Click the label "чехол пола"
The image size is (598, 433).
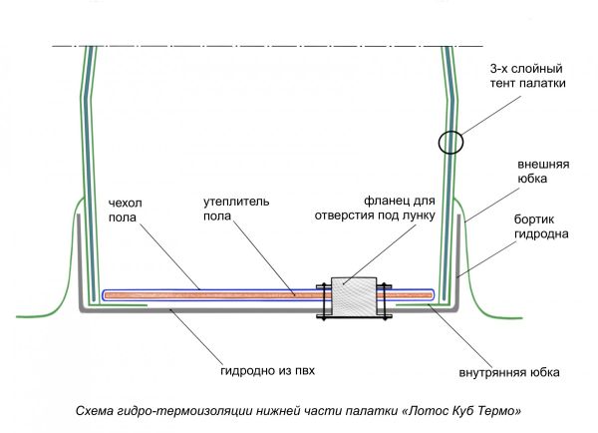pyautogui.click(x=127, y=212)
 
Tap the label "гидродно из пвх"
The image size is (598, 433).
pyautogui.click(x=274, y=371)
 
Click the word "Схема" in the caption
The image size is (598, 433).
pyautogui.click(x=97, y=410)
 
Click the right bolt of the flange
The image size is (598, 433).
pyautogui.click(x=384, y=302)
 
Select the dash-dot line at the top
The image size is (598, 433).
pyautogui.click(x=269, y=46)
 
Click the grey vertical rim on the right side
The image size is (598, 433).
pyautogui.click(x=458, y=259)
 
